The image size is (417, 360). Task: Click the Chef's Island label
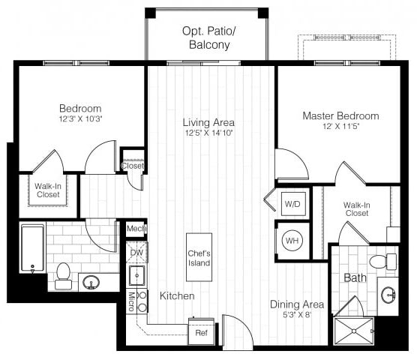(199, 258)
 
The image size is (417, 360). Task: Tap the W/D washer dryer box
(292, 202)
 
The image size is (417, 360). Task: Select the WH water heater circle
(292, 241)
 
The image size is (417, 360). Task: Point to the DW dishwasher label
(136, 253)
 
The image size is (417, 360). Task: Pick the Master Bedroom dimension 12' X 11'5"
(340, 127)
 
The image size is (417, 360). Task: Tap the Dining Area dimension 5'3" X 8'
(297, 315)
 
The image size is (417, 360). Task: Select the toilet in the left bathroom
(64, 274)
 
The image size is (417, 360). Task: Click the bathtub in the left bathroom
(33, 247)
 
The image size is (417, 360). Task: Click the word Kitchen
(177, 296)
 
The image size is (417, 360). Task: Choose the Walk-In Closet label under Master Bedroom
(356, 208)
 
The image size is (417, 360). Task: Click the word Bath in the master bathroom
(355, 277)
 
